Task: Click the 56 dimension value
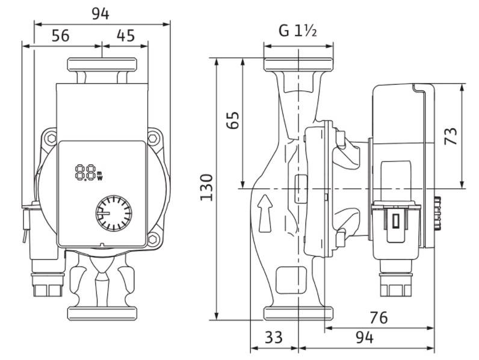(61, 36)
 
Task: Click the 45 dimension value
(126, 36)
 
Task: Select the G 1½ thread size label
(297, 31)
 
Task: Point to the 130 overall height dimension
(206, 187)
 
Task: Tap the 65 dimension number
(233, 120)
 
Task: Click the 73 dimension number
(451, 136)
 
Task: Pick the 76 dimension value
(379, 318)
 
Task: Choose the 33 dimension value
(274, 338)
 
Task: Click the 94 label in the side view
(365, 338)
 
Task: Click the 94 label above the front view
(100, 14)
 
